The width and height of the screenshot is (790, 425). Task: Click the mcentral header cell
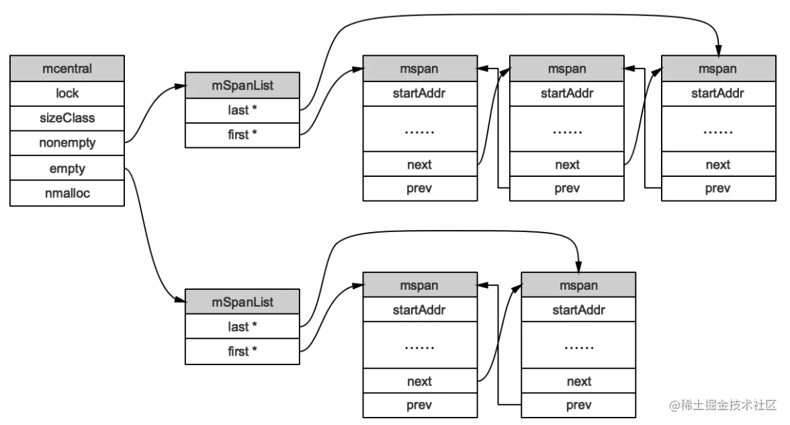(x=67, y=69)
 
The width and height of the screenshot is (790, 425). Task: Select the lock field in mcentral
(x=67, y=93)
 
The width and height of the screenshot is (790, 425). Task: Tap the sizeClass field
(x=67, y=118)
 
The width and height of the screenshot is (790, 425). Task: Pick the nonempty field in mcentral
(x=67, y=143)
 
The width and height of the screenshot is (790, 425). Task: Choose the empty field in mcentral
(x=67, y=168)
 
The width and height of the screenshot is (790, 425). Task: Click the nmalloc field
(x=67, y=193)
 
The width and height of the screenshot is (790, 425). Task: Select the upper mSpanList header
(x=243, y=85)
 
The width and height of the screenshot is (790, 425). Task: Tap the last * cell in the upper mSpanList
(x=243, y=110)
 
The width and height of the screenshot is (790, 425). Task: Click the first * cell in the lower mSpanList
(x=243, y=352)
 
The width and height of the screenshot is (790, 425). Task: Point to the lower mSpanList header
(x=243, y=301)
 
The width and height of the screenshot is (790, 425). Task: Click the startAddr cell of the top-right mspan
(x=719, y=93)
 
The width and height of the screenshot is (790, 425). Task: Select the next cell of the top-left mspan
(x=421, y=164)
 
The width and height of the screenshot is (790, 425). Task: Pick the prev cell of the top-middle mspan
(x=567, y=188)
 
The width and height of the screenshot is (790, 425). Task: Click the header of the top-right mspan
(x=719, y=69)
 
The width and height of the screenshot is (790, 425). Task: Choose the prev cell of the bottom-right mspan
(x=578, y=405)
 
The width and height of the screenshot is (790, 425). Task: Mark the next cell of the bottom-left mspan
(x=421, y=381)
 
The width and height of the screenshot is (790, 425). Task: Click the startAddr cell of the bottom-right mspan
(x=578, y=309)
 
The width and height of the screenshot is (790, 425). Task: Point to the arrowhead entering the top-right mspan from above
(x=719, y=50)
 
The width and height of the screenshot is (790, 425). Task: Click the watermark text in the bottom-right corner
(x=723, y=405)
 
